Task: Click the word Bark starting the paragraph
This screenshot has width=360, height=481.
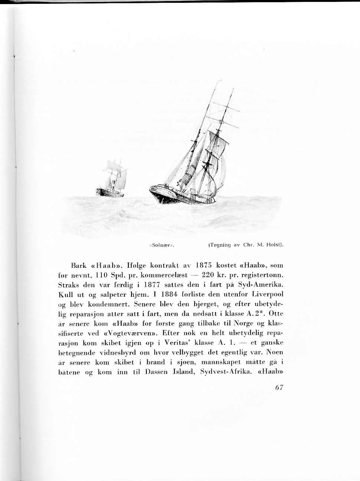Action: [x=78, y=266]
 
